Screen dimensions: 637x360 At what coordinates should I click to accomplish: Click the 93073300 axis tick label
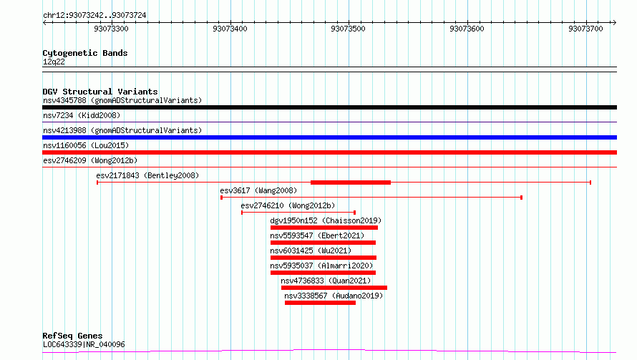point(111,29)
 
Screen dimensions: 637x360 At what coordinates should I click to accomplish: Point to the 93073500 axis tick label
point(348,29)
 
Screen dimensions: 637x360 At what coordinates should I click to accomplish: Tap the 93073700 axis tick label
point(585,29)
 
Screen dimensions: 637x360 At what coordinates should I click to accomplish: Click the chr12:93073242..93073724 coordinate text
point(94,15)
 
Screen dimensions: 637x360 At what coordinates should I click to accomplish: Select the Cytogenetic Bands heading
point(85,53)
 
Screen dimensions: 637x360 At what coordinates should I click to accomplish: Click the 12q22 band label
point(54,62)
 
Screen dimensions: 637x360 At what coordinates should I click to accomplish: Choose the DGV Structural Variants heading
point(100,92)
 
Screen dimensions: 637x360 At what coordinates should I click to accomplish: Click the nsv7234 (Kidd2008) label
point(82,115)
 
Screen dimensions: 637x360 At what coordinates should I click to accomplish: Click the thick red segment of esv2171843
point(351,183)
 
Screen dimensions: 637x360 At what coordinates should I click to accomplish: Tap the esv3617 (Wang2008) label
point(258,190)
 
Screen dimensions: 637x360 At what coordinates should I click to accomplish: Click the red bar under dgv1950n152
point(324,228)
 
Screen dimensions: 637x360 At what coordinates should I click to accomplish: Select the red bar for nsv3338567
point(320,303)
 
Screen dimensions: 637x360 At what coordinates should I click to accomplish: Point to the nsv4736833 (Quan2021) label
point(326,281)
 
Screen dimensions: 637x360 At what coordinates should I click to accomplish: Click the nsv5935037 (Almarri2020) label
point(322,266)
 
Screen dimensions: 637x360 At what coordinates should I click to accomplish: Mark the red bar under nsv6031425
point(324,258)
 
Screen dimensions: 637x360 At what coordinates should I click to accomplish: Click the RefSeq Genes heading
point(73,336)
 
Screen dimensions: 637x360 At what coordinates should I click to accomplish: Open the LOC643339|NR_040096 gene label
point(84,344)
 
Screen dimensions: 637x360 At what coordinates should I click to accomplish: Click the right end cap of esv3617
point(521,198)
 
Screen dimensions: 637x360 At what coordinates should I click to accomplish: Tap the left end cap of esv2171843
point(97,183)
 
